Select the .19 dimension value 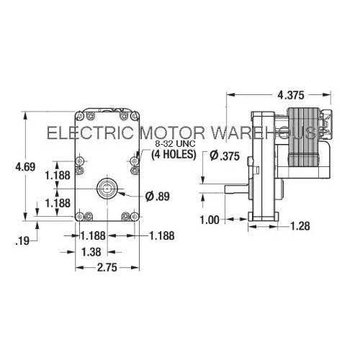pyautogui.click(x=22, y=241)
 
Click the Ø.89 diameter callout pyautogui.click(x=156, y=197)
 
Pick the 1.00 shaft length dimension pyautogui.click(x=210, y=220)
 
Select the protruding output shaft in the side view pyautogui.click(x=233, y=191)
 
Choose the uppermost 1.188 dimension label pyautogui.click(x=57, y=174)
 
